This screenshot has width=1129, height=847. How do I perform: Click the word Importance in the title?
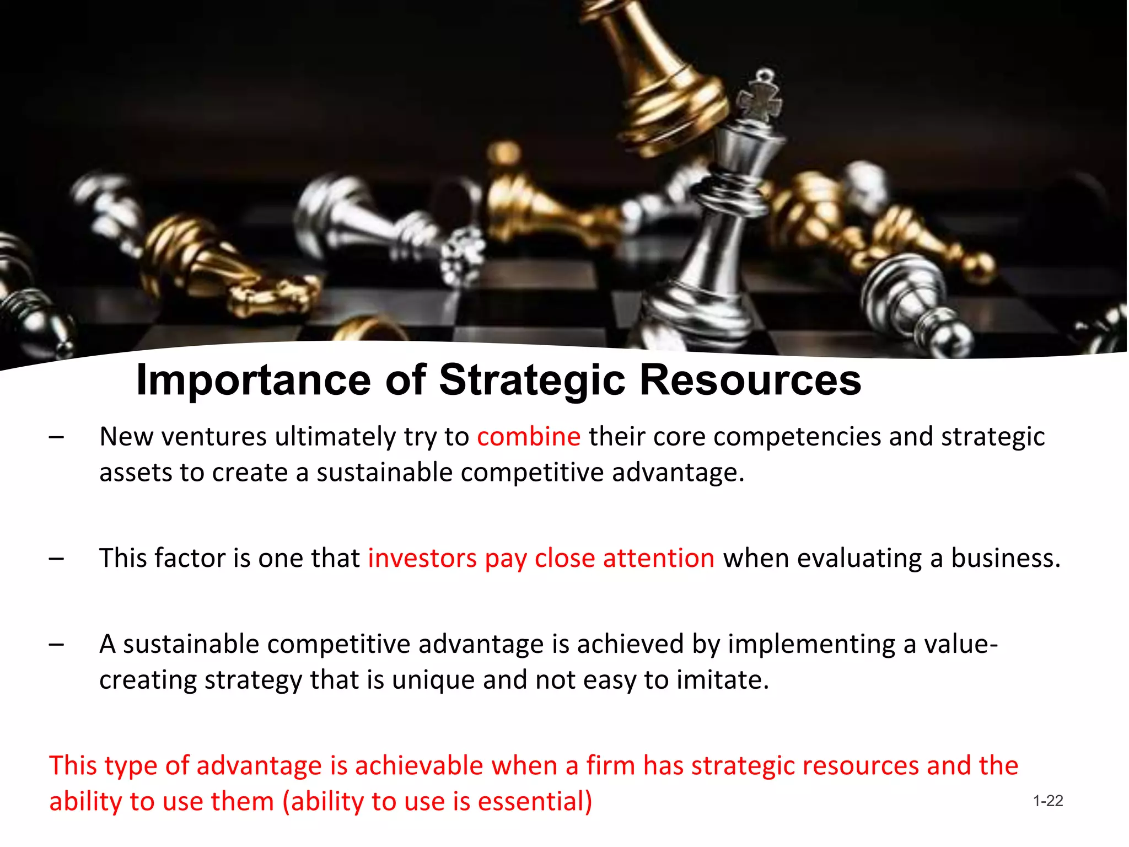tap(254, 380)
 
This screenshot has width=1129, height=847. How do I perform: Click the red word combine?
tap(529, 437)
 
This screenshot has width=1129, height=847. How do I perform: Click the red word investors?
tap(422, 558)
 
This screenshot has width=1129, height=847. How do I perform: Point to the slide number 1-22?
tap(1048, 801)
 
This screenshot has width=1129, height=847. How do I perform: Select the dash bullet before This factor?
tap(56, 559)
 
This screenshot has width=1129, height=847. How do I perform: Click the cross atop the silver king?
tap(761, 99)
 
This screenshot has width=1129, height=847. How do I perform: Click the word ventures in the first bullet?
tap(214, 437)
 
